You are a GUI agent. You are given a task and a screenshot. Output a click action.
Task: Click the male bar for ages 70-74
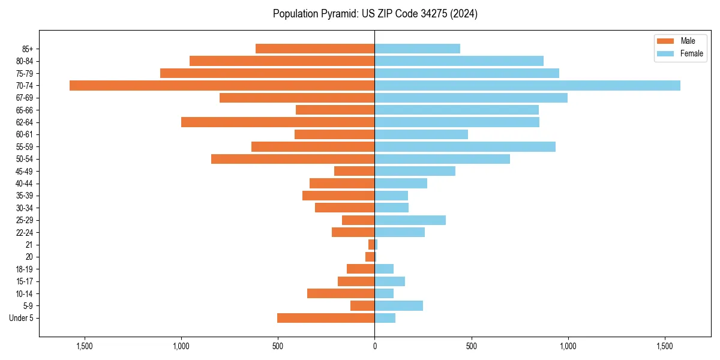(x=222, y=85)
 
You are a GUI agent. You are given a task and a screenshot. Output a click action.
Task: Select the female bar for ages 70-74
(x=527, y=85)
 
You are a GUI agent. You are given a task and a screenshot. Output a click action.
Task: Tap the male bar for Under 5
(x=326, y=318)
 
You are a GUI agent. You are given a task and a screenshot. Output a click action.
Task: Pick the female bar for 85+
(x=417, y=49)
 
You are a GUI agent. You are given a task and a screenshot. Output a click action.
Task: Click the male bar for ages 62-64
(x=278, y=122)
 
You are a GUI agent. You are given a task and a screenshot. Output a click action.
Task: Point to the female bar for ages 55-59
(x=465, y=146)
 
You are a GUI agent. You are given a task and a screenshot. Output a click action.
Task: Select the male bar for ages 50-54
(x=293, y=159)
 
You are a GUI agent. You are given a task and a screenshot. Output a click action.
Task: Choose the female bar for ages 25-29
(x=410, y=220)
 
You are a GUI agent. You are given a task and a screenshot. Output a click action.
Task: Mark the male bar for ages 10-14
(x=341, y=293)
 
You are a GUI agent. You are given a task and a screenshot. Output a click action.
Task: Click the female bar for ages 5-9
(x=399, y=306)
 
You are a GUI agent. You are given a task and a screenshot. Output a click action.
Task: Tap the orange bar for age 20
(x=370, y=257)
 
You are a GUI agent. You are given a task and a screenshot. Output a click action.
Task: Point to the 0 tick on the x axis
(x=374, y=346)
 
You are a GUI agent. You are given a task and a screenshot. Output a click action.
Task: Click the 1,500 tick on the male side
(x=85, y=346)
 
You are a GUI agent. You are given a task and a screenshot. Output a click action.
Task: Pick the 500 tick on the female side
(x=471, y=346)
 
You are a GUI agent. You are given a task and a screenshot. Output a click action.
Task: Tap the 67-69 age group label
(x=25, y=98)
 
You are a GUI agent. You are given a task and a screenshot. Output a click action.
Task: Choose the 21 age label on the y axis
(x=29, y=245)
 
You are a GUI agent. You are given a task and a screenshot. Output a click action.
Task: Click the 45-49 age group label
(x=25, y=171)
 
